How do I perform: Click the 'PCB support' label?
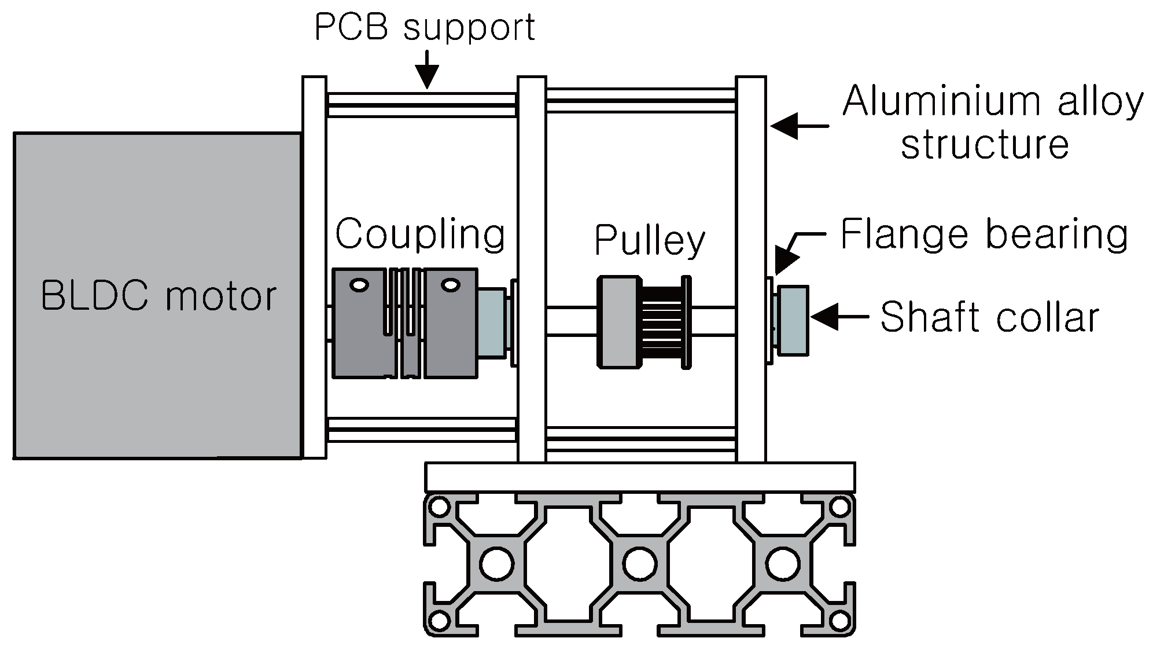point(425,27)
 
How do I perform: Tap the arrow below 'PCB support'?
point(427,70)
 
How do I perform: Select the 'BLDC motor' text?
point(159,296)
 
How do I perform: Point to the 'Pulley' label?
point(650,240)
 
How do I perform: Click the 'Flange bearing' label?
point(983,234)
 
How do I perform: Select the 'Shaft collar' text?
point(989,317)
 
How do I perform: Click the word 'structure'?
point(985,144)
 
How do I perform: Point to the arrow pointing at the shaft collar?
point(839,317)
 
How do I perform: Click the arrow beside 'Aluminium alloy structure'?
point(800,126)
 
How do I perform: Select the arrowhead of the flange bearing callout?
point(782,261)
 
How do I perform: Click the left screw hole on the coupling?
point(359,285)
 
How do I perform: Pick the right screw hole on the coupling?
point(450,285)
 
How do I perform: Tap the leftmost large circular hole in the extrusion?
point(497,563)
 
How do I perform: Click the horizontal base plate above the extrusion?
point(640,477)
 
